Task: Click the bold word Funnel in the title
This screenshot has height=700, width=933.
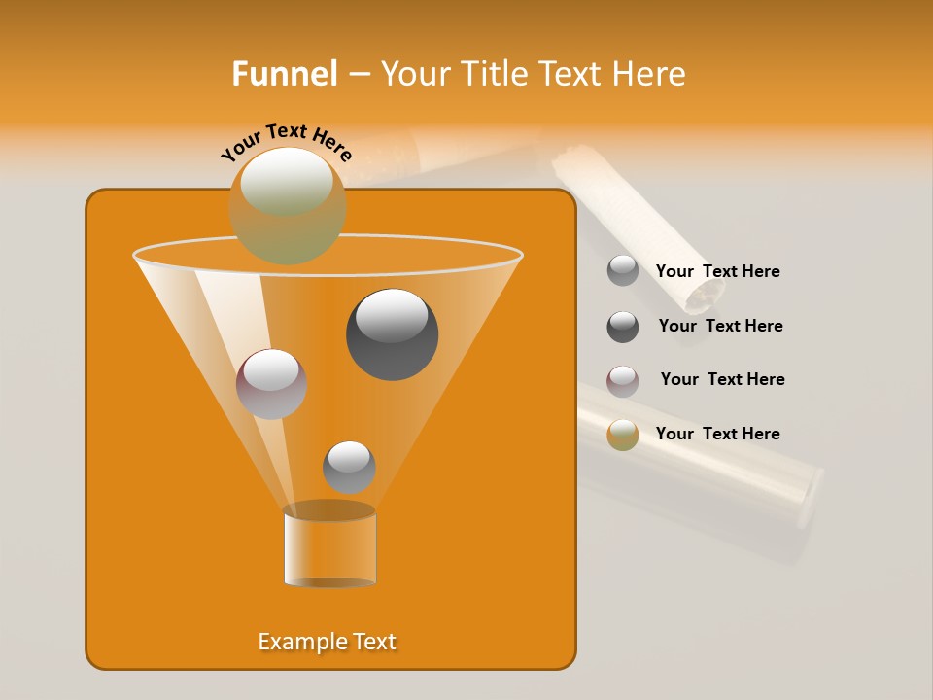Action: coord(284,74)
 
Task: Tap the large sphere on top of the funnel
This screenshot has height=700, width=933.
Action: coord(288,205)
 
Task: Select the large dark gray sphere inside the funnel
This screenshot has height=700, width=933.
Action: coord(392,334)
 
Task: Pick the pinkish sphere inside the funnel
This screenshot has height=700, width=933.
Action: coord(271,384)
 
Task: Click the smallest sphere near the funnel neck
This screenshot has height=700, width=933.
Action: coord(349,467)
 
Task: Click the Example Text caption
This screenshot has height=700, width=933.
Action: coord(327,642)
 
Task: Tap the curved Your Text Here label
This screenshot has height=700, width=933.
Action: coord(287,141)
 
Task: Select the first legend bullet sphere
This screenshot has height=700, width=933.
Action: coord(622,271)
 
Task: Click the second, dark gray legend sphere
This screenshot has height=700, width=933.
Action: coord(622,327)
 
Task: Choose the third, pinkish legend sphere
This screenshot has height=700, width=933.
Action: coord(622,380)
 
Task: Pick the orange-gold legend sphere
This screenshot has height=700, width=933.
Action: coord(622,435)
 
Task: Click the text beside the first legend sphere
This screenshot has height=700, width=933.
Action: coord(717,271)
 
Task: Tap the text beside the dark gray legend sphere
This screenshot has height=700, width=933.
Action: coord(720,326)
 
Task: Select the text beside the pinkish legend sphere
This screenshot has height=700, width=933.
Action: coord(722,379)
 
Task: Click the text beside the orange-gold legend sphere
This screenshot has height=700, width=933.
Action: coord(717,434)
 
